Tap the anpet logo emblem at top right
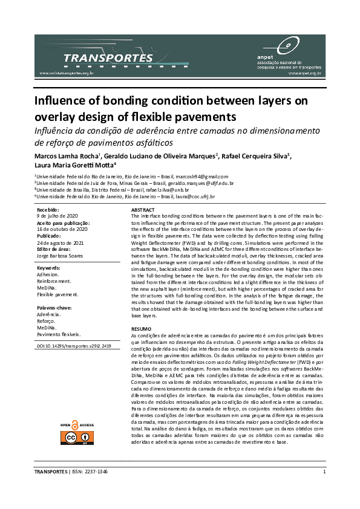pos(286,43)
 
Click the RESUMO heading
pos(140,329)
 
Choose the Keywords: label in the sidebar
pos(49,267)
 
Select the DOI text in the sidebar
pos(73,346)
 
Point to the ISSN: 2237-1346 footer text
pos(90,472)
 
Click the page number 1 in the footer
pos(325,472)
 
